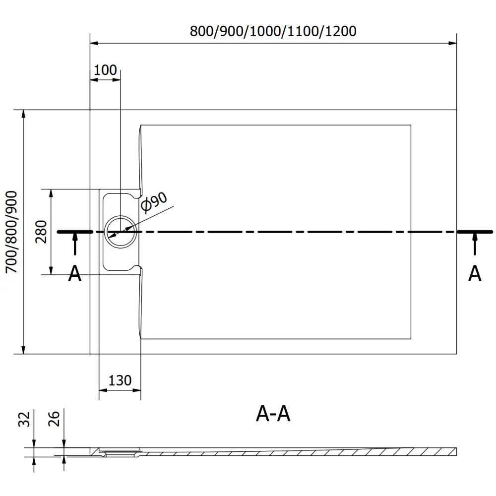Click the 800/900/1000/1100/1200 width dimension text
coord(273,31)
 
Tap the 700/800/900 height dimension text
coord(11,232)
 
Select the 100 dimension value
coord(105,70)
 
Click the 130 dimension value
coord(120,380)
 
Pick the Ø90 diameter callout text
coord(153,202)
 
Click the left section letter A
coord(74,273)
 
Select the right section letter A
coord(475,273)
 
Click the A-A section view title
coord(273,414)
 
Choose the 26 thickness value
coord(55,419)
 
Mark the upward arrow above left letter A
coord(74,244)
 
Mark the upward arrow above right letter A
coord(475,244)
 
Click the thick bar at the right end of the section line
coord(475,232)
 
